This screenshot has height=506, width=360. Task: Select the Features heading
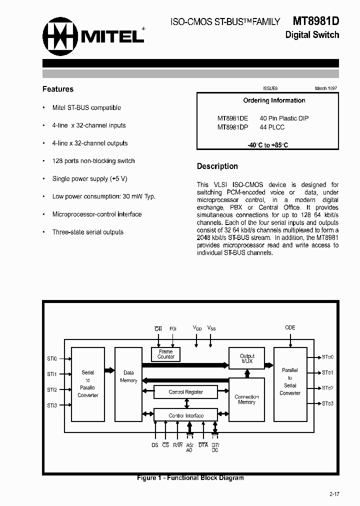(x=58, y=89)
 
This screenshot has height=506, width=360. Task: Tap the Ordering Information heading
(x=274, y=100)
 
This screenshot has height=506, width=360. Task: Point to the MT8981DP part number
(x=233, y=127)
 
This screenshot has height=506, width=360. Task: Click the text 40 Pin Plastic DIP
(x=284, y=118)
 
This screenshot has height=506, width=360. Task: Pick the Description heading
(x=217, y=166)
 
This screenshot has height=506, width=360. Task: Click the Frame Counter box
(x=166, y=354)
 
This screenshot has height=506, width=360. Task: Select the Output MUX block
(x=247, y=358)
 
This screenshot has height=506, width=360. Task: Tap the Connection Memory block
(x=247, y=399)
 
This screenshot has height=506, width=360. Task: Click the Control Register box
(x=185, y=392)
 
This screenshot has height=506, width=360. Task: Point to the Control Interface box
(x=185, y=415)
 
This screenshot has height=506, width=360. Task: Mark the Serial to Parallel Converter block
(x=88, y=383)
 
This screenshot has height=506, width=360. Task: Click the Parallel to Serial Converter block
(x=290, y=382)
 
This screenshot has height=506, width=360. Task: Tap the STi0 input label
(x=52, y=358)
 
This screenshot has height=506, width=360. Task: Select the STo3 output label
(x=327, y=403)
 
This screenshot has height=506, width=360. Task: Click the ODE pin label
(x=290, y=327)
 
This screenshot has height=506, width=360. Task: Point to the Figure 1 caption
(x=190, y=478)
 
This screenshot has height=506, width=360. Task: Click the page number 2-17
(x=334, y=494)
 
